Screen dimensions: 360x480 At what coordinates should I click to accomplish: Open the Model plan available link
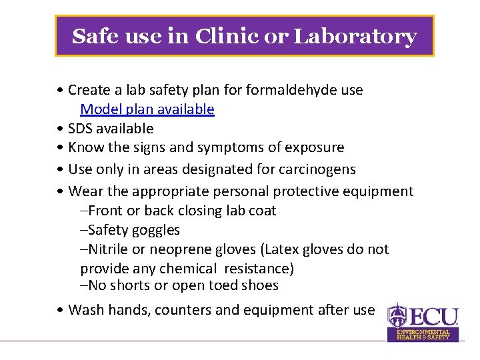pyautogui.click(x=147, y=109)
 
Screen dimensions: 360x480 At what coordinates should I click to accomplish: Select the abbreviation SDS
pyautogui.click(x=81, y=129)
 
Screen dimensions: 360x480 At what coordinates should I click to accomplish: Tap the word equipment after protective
pyautogui.click(x=378, y=191)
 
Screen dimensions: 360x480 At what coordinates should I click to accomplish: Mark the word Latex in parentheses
pyautogui.click(x=283, y=249)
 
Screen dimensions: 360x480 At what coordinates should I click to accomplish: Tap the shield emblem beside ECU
pyautogui.click(x=398, y=315)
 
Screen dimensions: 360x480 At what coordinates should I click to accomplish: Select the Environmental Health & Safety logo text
pyautogui.click(x=423, y=334)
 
